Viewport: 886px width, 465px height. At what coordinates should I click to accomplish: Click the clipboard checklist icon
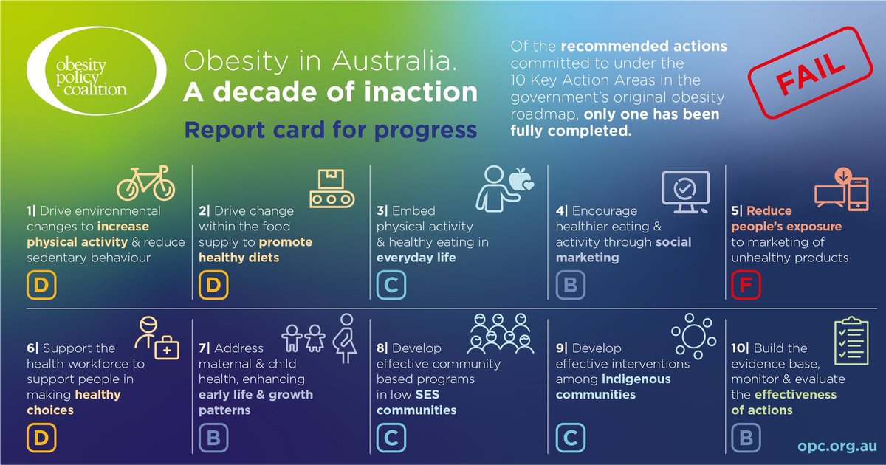(851, 342)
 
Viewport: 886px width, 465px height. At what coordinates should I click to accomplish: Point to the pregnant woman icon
(345, 340)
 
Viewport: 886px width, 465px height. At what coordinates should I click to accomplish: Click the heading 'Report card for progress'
(330, 130)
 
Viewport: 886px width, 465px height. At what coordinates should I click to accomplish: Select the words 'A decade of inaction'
(330, 92)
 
